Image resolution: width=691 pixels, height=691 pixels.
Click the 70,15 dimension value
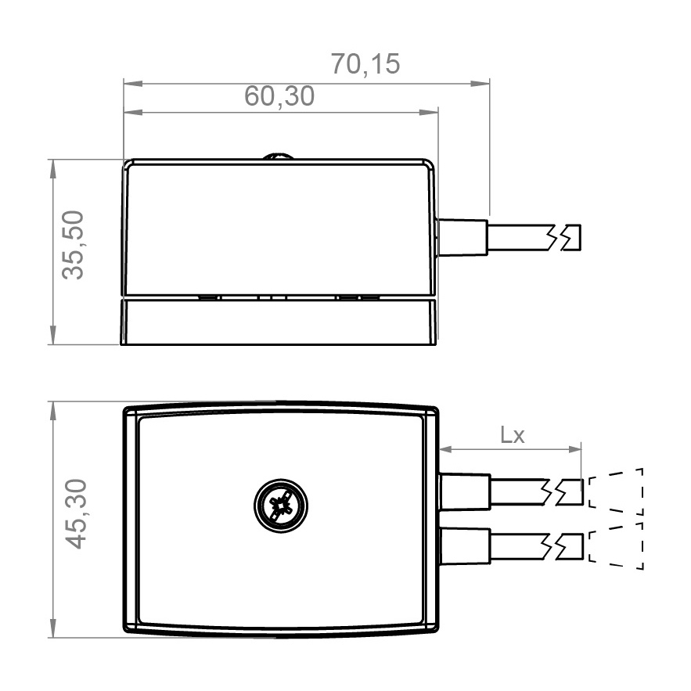365,64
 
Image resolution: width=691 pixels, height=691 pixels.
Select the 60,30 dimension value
279,96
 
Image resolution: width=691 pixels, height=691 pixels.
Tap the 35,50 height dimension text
73,245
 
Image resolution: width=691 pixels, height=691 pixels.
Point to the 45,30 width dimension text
76,514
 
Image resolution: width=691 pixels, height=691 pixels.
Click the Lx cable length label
513,435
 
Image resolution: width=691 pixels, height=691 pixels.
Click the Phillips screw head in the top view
281,506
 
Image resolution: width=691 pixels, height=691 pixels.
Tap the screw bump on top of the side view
278,156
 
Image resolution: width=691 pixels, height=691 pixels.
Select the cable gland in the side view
462,237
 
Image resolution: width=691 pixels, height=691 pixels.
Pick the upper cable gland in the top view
466,491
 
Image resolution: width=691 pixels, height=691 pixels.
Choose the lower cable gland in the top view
466,546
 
